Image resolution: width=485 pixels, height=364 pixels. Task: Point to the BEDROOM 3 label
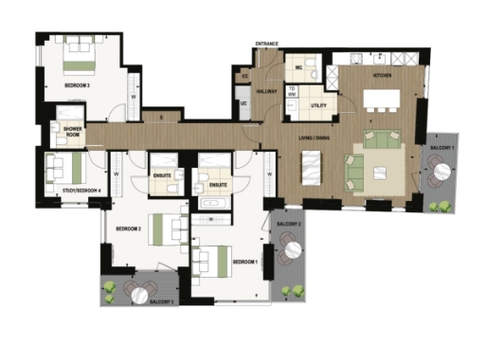coord(77,85)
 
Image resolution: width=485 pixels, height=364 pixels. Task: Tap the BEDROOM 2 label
coord(128,228)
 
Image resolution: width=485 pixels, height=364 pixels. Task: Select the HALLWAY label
coord(265,91)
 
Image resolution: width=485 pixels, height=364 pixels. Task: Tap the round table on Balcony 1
coord(440,174)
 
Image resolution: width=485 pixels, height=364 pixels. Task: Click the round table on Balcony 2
coord(293,249)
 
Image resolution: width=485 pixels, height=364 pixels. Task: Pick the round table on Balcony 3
coord(140,296)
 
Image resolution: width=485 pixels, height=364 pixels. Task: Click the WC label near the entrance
coord(297,68)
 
